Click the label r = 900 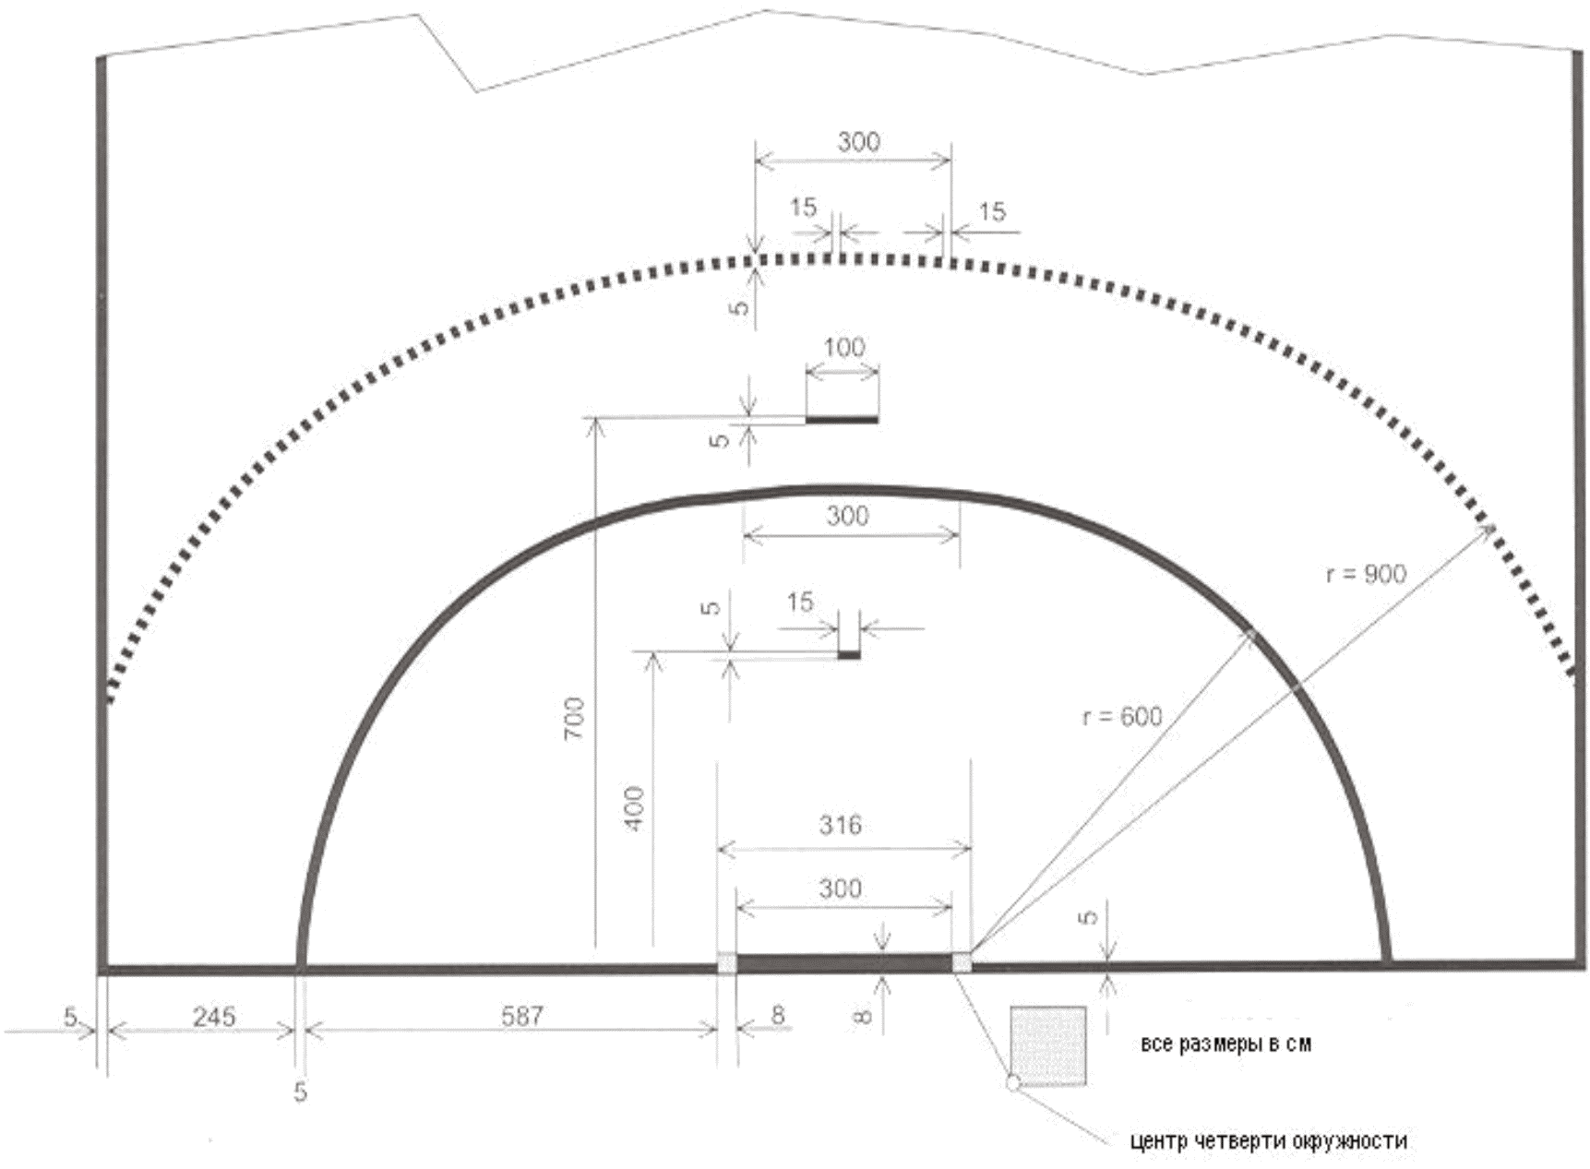click(x=1366, y=574)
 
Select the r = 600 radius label click(x=1122, y=716)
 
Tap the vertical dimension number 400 click(x=635, y=808)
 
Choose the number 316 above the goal click(x=840, y=824)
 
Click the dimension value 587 click(x=522, y=1016)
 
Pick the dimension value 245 click(x=214, y=1017)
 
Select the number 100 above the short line click(x=843, y=347)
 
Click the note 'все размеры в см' click(x=1225, y=1044)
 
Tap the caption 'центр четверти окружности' click(x=1269, y=1141)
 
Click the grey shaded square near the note click(x=1047, y=1045)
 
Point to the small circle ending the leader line click(x=1012, y=1083)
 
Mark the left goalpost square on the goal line click(x=727, y=963)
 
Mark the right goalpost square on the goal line click(x=962, y=963)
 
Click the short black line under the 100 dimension click(x=842, y=420)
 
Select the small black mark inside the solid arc click(x=849, y=655)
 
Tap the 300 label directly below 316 click(x=840, y=889)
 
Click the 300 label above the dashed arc click(x=858, y=141)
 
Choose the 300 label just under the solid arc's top click(x=847, y=516)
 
